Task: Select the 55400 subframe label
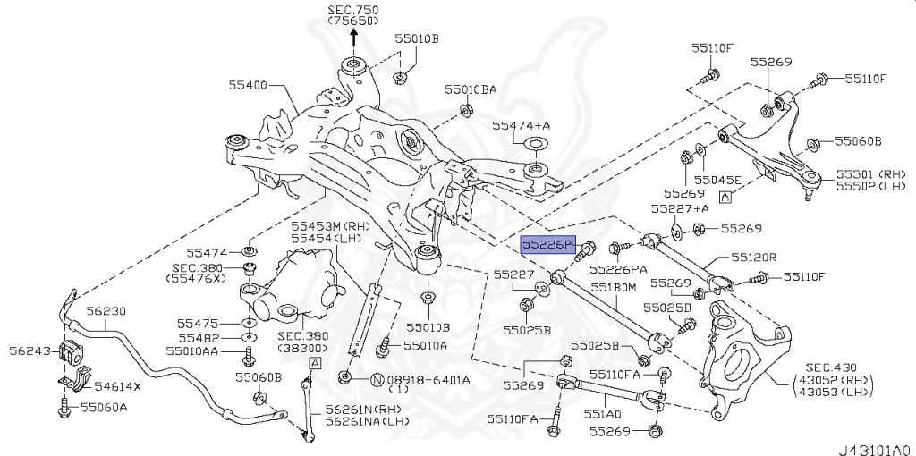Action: pyautogui.click(x=247, y=85)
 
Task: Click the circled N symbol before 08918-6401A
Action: pyautogui.click(x=376, y=379)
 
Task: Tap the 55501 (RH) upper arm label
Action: pyautogui.click(x=871, y=173)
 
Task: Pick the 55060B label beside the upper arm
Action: pyautogui.click(x=858, y=141)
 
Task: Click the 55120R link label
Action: pyautogui.click(x=753, y=257)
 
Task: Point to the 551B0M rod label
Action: pyautogui.click(x=611, y=288)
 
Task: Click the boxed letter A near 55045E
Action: pyautogui.click(x=725, y=194)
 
